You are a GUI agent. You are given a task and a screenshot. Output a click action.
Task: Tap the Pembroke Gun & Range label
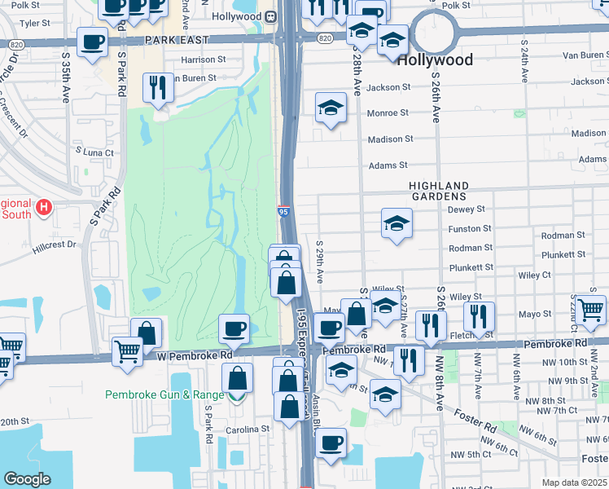[x=164, y=394]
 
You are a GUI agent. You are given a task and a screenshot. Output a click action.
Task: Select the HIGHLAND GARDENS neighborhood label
[x=438, y=191]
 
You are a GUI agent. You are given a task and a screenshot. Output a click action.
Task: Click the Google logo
[x=27, y=478]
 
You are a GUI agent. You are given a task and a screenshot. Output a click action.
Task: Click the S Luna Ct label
[x=94, y=151]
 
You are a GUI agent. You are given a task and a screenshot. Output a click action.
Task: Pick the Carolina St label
[x=248, y=429]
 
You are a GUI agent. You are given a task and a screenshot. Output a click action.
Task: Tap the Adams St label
[x=388, y=165]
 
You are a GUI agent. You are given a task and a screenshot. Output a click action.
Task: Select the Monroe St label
[x=388, y=113]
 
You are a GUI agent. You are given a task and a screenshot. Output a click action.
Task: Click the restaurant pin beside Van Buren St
[x=156, y=88]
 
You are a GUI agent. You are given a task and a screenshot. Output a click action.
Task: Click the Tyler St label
[x=34, y=23]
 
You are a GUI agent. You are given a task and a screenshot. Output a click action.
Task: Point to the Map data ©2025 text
[x=575, y=482]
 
